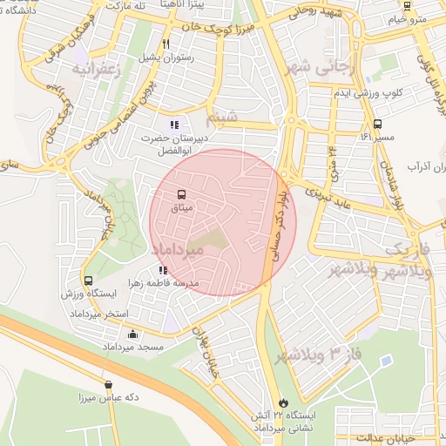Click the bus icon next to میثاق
click(x=181, y=194)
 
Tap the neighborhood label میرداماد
click(x=178, y=250)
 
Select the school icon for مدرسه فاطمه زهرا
click(x=164, y=270)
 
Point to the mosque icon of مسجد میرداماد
click(x=132, y=334)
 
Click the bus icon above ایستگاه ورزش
click(x=88, y=280)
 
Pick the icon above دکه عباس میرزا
click(x=108, y=384)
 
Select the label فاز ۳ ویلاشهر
click(x=317, y=355)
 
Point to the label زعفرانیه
click(x=104, y=68)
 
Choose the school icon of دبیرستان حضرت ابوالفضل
click(x=174, y=125)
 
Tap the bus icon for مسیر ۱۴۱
click(x=377, y=124)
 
